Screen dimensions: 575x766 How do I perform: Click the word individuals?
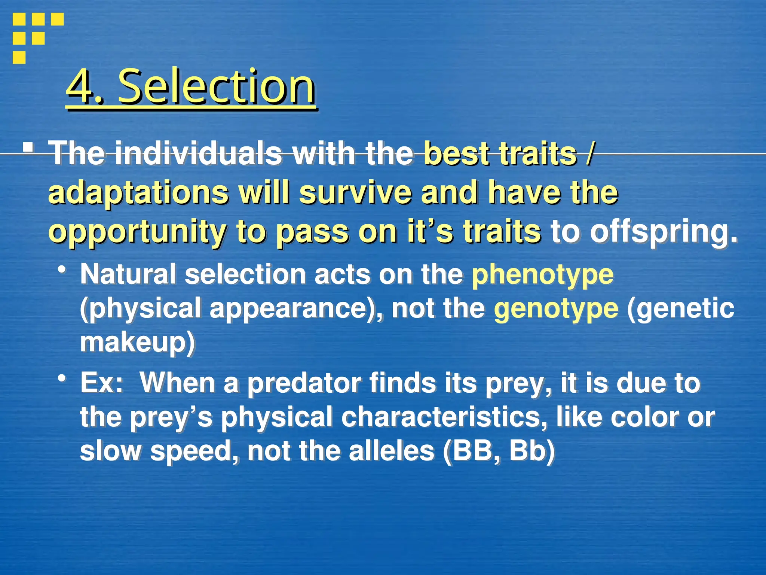[x=198, y=153]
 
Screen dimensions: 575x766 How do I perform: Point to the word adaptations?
[x=138, y=192]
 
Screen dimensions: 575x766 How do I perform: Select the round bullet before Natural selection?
[x=62, y=270]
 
